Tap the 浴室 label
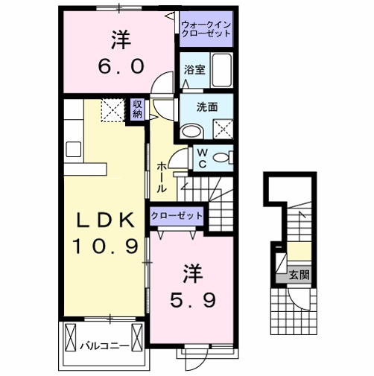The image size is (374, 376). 195,70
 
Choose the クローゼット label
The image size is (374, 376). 177,215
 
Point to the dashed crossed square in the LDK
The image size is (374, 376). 112,112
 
